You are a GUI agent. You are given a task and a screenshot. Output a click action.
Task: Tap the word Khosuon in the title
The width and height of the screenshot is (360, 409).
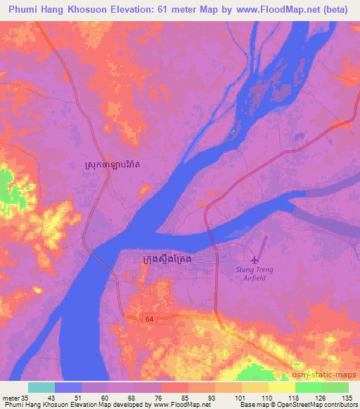tap(96, 11)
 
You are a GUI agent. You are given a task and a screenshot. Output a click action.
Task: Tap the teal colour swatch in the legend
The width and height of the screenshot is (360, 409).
tap(41, 387)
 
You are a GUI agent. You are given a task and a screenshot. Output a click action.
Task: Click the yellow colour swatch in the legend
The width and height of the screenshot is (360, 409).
tap(282, 387)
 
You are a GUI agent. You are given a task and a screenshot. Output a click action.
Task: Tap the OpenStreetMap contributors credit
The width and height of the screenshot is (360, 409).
tap(318, 405)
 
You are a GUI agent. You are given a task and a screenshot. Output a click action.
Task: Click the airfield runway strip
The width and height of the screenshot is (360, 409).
tap(263, 247)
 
